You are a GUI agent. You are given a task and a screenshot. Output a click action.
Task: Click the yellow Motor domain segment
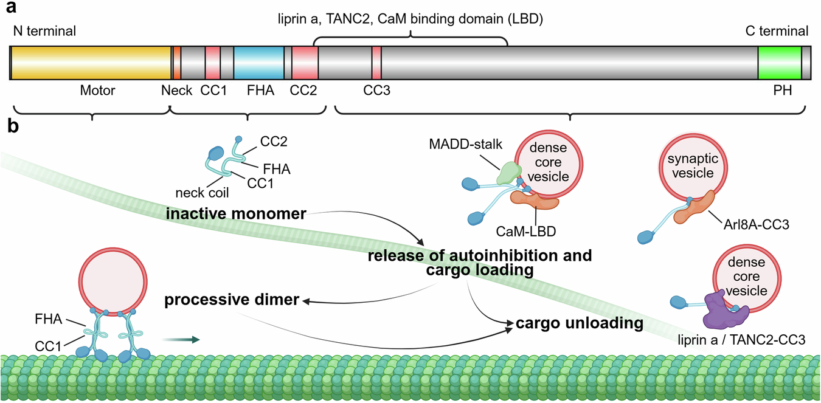pyautogui.click(x=91, y=63)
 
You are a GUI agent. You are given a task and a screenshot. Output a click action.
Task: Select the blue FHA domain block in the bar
pyautogui.click(x=258, y=63)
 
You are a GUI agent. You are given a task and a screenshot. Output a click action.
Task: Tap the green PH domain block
pyautogui.click(x=779, y=63)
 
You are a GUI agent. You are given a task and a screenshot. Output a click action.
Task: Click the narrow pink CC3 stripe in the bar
pyautogui.click(x=376, y=63)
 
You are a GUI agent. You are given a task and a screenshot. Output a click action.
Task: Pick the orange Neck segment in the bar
pyautogui.click(x=177, y=63)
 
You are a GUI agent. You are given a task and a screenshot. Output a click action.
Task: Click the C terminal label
pyautogui.click(x=777, y=31)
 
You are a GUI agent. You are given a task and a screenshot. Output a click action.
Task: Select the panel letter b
pyautogui.click(x=13, y=126)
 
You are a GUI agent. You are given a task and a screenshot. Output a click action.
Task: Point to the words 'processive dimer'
pyautogui.click(x=232, y=300)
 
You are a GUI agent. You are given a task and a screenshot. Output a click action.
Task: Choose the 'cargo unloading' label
pyautogui.click(x=580, y=323)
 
